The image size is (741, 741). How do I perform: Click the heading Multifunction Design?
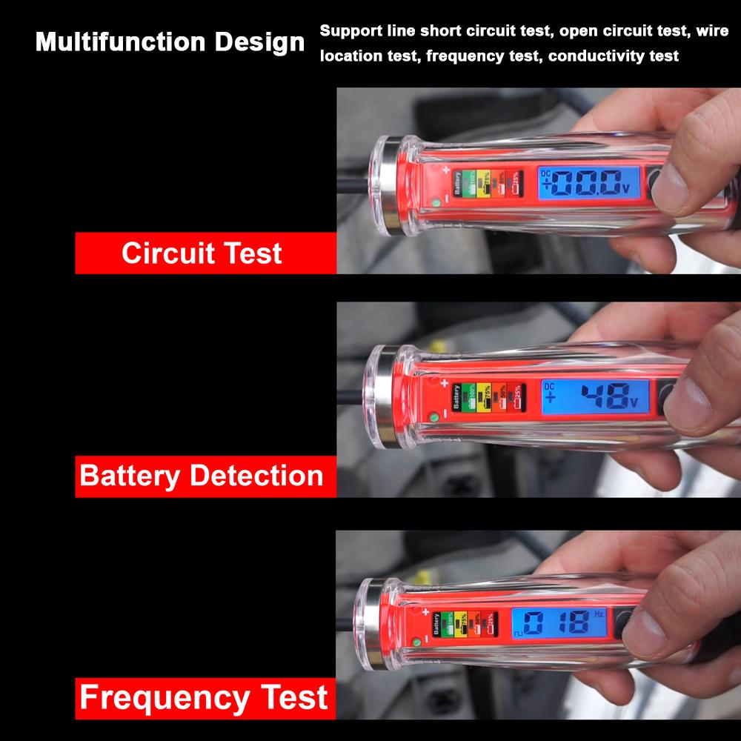click(x=170, y=42)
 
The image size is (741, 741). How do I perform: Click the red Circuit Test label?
click(x=202, y=253)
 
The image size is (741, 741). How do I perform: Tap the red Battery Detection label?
click(x=202, y=476)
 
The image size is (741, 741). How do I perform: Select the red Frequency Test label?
click(x=203, y=698)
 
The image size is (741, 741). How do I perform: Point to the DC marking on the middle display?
click(x=549, y=386)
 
